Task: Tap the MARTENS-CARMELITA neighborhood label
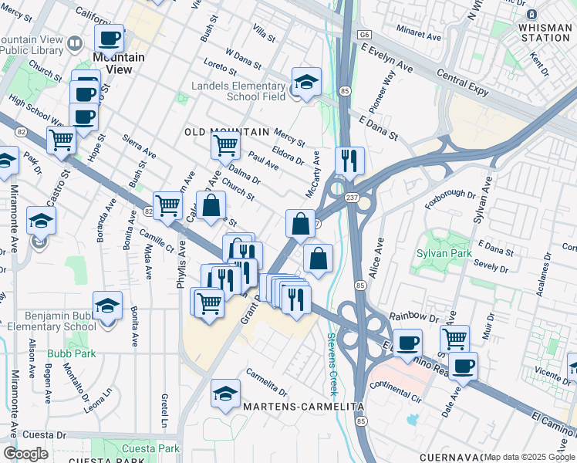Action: point(290,406)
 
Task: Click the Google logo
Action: point(25,453)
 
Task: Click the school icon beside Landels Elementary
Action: point(306,82)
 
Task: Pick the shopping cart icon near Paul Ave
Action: point(225,144)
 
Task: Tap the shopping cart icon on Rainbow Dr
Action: point(454,338)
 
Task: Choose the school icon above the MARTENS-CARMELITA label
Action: point(225,394)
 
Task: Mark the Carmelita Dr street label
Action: point(266,380)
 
